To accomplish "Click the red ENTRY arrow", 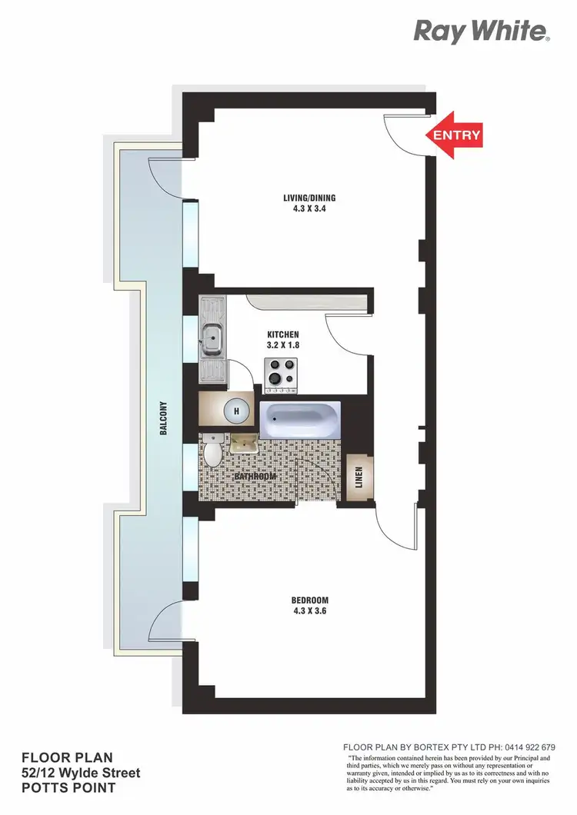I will pyautogui.click(x=454, y=135).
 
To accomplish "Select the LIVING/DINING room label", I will pyautogui.click(x=309, y=198).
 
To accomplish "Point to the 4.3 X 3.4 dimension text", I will pyautogui.click(x=309, y=208).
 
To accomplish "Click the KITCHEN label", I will pyautogui.click(x=282, y=334).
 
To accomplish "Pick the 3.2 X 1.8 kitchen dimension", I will pyautogui.click(x=282, y=345).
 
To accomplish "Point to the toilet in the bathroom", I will pyautogui.click(x=214, y=453).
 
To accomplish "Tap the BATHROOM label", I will pyautogui.click(x=255, y=477).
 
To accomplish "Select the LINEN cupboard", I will pyautogui.click(x=359, y=478).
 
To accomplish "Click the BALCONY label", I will pyautogui.click(x=164, y=419).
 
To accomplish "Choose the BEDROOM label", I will pyautogui.click(x=309, y=600).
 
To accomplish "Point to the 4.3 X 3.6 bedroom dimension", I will pyautogui.click(x=309, y=611).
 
